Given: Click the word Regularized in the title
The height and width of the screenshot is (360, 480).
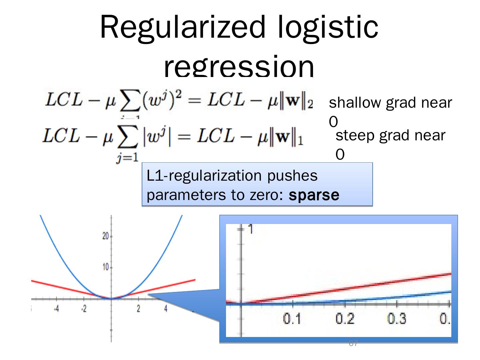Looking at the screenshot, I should pos(183,27).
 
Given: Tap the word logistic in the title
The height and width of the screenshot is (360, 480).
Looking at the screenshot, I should pos(328,27).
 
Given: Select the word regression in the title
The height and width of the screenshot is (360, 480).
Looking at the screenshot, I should pos(239,67).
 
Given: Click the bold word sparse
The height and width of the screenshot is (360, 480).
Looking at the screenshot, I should pos(314,195).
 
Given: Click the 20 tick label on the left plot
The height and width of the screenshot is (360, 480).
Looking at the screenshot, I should pos(105,236).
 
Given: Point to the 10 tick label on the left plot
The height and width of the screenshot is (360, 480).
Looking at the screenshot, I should pos(105,267).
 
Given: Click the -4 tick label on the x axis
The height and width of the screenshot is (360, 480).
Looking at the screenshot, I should pos(56,309).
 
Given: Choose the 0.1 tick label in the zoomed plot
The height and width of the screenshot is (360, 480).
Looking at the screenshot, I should pos(292,319).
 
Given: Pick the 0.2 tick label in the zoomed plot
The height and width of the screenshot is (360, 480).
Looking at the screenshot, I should pos(345,319).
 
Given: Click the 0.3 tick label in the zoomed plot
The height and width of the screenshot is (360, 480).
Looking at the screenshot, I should pos(397,319).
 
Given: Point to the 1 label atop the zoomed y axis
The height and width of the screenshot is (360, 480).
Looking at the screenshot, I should pos(250,229).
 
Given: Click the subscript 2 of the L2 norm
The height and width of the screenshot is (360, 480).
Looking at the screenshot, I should pos(310,105).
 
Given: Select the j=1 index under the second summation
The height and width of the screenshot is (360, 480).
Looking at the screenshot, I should pos(127,158).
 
